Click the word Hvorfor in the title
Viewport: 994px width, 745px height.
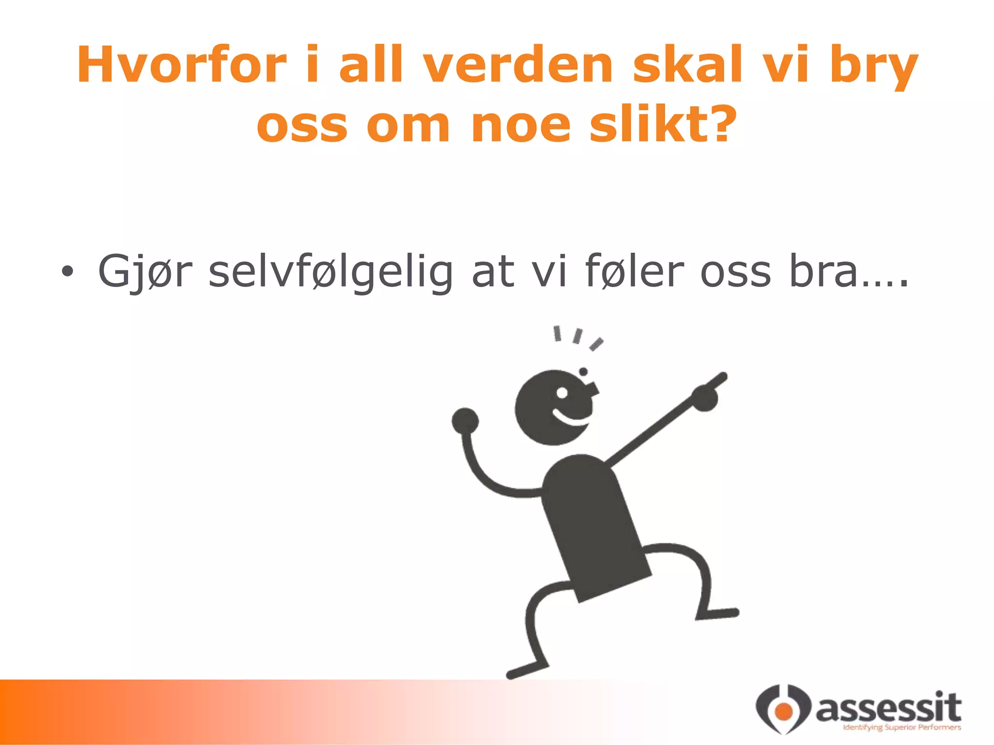pyautogui.click(x=182, y=65)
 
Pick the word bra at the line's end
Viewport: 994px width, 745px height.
pyautogui.click(x=823, y=272)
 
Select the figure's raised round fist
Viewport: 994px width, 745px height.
pyautogui.click(x=465, y=421)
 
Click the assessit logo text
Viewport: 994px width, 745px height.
pyautogui.click(x=888, y=707)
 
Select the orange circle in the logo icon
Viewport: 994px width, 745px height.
pyautogui.click(x=783, y=711)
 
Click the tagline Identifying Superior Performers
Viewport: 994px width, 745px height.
pyautogui.click(x=902, y=727)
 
